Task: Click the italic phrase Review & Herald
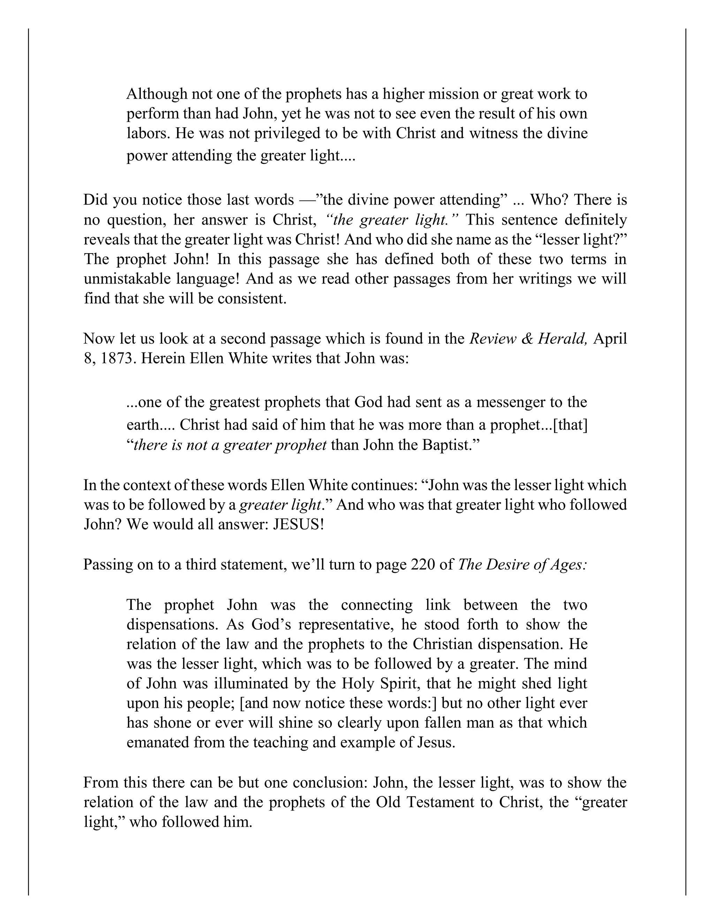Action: (529, 339)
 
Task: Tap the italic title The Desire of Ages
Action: (523, 565)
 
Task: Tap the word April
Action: (610, 339)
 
